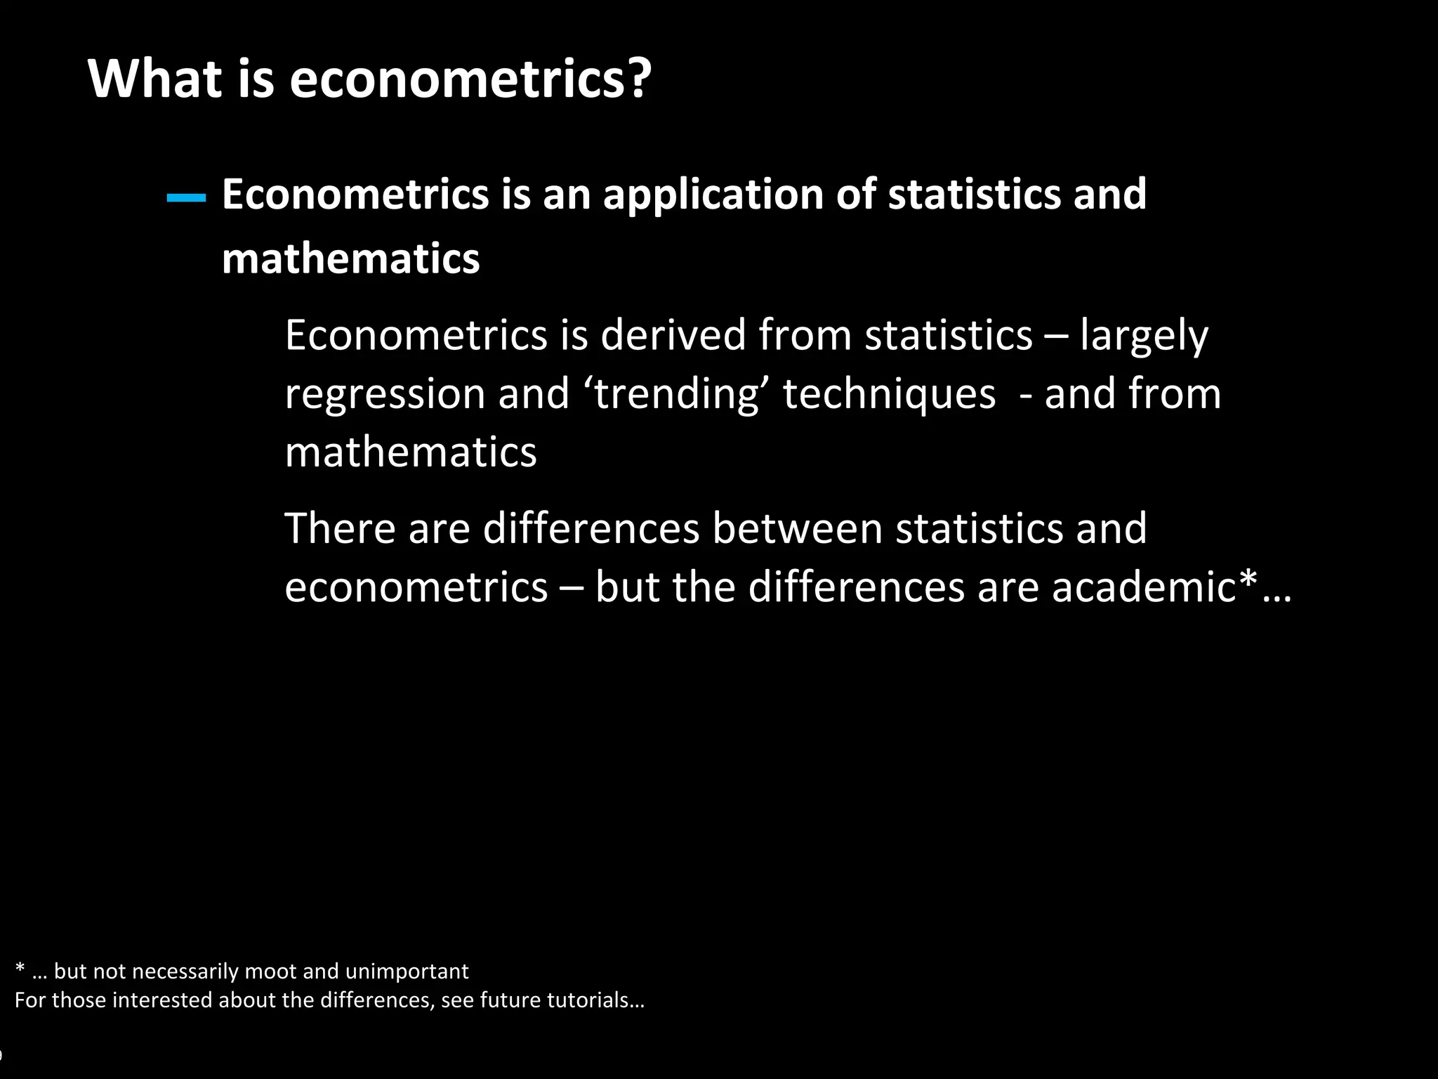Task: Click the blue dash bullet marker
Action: [186, 199]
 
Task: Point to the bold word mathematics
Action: [350, 259]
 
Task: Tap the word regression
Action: [385, 395]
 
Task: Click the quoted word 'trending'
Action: [676, 393]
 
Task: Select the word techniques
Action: [889, 393]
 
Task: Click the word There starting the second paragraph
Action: [341, 528]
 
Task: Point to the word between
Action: [797, 528]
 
